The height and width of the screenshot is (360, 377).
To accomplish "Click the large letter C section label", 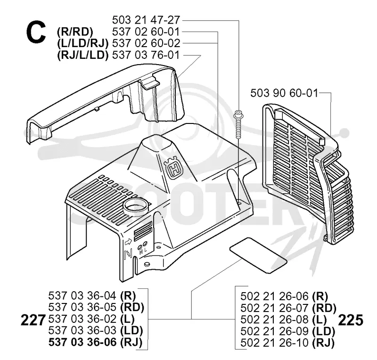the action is pos(36,32).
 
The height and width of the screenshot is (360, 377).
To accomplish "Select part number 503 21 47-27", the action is pos(146,20).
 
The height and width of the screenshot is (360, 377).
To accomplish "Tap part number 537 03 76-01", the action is pos(146,55).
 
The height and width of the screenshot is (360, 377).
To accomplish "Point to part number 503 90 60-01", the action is pos(284,93).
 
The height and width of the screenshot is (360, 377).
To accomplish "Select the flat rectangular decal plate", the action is pos(258,255).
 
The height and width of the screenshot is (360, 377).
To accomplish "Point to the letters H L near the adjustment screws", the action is pos(143,252).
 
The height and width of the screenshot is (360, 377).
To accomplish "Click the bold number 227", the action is pos(33,320).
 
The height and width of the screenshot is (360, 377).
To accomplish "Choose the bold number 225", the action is pos(351,320).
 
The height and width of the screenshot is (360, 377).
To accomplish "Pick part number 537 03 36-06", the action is pos(82,342).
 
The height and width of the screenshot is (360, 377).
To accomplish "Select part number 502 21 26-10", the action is pos(274,343).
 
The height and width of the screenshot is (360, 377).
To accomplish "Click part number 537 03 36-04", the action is pos(82,295).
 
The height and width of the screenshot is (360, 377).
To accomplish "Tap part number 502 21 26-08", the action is pos(274,319).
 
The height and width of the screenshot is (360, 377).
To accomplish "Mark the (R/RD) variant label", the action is pos(75,32).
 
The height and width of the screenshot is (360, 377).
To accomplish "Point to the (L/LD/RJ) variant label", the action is pos(83,44).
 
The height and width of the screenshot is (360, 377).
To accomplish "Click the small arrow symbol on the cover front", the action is pos(128,241).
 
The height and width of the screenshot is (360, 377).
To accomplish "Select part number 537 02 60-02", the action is pos(146,43).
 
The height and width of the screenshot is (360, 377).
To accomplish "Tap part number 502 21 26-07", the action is pos(274,308).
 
